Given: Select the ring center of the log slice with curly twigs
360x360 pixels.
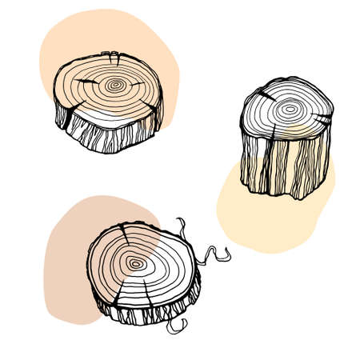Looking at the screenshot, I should (137, 262).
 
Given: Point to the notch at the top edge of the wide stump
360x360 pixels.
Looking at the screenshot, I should (114, 57).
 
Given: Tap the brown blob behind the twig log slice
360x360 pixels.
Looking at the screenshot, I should (68, 256).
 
